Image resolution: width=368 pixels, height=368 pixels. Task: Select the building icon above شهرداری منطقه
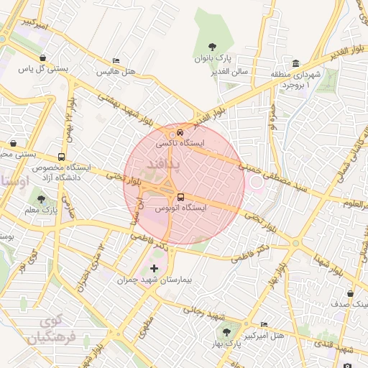pos(296,63)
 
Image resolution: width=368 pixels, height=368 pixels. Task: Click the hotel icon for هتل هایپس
pos(116,61)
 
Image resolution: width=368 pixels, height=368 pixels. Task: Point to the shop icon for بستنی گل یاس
pos(44,58)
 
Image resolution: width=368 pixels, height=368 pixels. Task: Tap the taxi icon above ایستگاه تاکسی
pos(180,132)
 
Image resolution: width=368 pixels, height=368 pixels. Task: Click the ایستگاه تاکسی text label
pos(180,144)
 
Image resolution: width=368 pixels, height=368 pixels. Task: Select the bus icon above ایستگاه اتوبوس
pos(180,196)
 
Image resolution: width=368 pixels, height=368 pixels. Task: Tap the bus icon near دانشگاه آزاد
pos(61,156)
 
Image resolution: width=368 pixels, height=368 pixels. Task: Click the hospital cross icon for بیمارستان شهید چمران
pos(155,268)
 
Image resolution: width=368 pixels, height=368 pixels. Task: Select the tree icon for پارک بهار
pos(226,332)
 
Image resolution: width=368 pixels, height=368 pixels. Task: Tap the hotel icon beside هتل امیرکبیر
pos(264,324)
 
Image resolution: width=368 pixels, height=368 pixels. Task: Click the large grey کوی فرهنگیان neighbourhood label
pos(47,328)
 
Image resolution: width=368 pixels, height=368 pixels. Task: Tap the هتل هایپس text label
pos(116,73)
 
